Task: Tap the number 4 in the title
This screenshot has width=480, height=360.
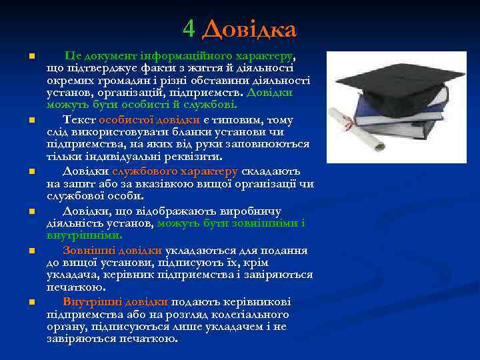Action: [x=189, y=29]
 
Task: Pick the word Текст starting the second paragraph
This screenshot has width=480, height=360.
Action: [x=79, y=120]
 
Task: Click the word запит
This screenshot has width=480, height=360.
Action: [x=75, y=183]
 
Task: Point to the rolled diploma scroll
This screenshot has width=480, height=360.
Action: [x=359, y=131]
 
